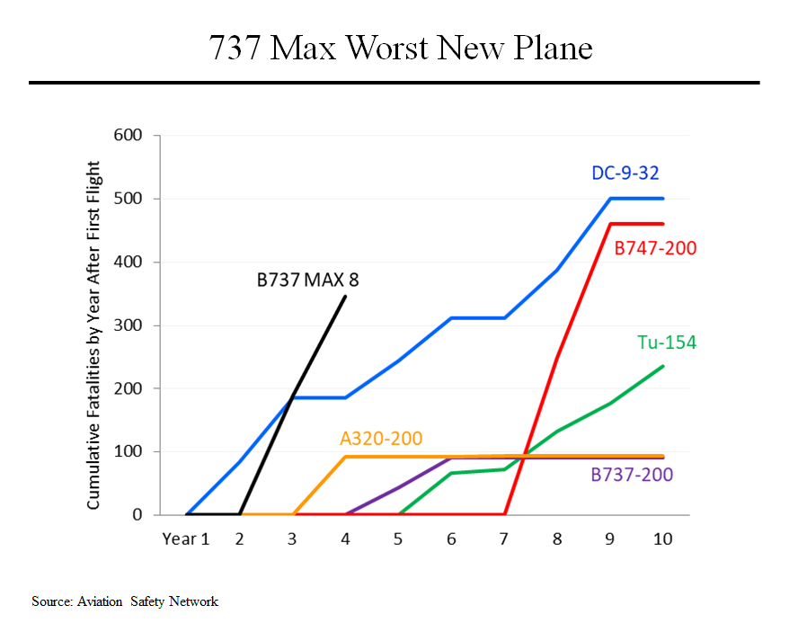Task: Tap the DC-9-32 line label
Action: click(633, 174)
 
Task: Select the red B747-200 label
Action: click(655, 248)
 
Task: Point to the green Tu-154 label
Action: click(667, 343)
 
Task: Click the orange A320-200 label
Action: click(381, 439)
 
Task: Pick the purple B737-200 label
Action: click(632, 475)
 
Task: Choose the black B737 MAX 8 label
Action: click(307, 280)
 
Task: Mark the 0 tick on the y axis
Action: click(137, 515)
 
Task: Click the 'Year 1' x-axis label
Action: click(185, 539)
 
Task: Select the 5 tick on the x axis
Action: click(398, 539)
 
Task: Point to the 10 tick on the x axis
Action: click(662, 539)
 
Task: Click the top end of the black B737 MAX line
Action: click(345, 296)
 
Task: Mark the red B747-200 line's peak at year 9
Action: click(610, 224)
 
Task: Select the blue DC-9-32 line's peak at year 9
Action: click(610, 199)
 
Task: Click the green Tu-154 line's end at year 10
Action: click(663, 366)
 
